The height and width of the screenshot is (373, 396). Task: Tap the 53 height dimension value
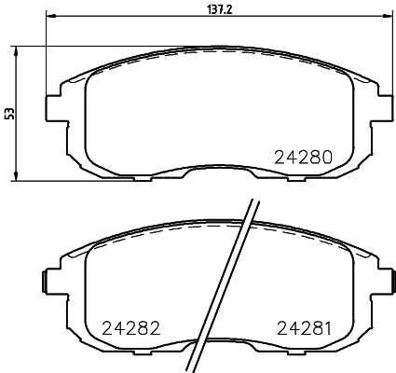(10, 114)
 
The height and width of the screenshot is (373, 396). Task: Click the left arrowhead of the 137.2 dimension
(49, 16)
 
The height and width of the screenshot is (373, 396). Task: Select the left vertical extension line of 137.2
(46, 56)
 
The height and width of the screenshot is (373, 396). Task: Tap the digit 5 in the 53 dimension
(10, 117)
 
